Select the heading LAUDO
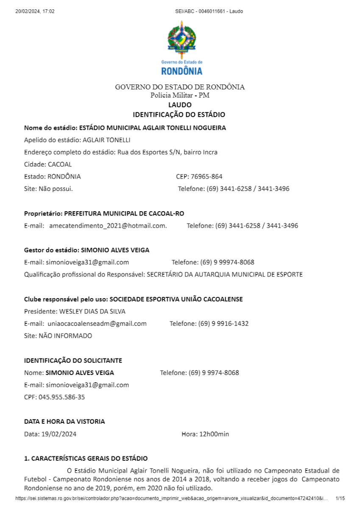point(180,105)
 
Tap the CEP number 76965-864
point(208,176)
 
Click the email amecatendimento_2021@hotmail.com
point(108,226)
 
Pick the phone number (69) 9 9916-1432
point(223,324)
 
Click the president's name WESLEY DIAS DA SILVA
point(91,311)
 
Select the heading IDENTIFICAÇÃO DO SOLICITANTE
point(73,361)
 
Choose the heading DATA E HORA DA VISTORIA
point(64,422)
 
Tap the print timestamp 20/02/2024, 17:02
point(35,11)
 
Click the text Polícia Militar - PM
point(180,95)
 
